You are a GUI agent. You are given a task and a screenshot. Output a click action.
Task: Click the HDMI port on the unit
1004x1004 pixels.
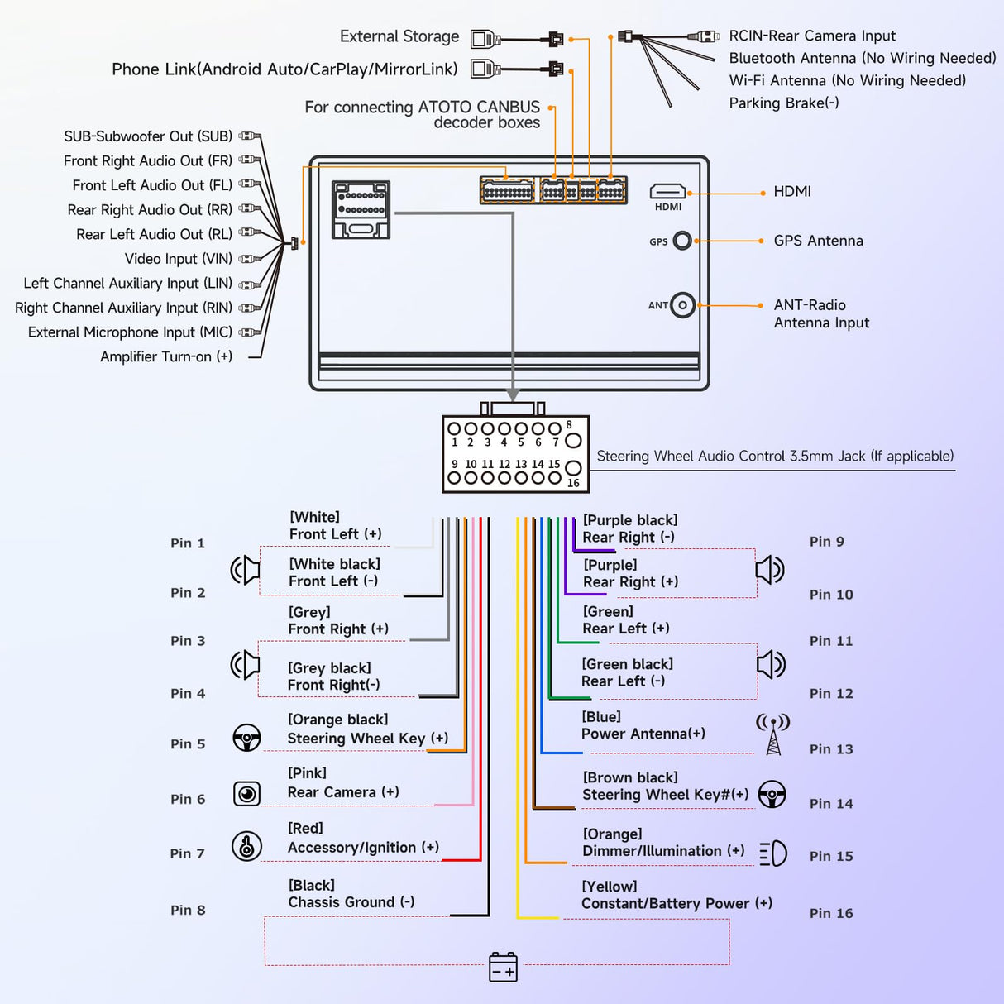(x=667, y=193)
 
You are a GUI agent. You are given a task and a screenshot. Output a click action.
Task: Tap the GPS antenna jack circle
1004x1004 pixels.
(x=682, y=241)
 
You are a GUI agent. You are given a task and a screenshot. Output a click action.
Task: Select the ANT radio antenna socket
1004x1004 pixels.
(x=682, y=305)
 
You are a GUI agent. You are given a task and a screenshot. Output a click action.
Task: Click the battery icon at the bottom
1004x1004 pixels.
(x=503, y=967)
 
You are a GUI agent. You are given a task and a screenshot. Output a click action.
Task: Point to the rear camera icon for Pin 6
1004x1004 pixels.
(x=246, y=794)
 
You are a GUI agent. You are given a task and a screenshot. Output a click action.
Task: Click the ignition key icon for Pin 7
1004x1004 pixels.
(x=246, y=846)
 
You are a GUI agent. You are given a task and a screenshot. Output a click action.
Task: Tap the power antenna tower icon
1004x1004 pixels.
(x=773, y=734)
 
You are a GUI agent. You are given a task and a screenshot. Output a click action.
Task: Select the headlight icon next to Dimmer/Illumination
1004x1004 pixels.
(x=773, y=853)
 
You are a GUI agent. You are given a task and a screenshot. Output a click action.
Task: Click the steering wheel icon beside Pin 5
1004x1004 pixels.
(x=246, y=738)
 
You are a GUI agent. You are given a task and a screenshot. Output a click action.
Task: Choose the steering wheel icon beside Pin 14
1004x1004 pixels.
(x=772, y=794)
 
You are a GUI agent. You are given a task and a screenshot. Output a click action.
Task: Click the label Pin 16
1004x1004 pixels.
(x=831, y=913)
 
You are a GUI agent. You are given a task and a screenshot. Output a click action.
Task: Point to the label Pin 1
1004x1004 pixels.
(x=188, y=543)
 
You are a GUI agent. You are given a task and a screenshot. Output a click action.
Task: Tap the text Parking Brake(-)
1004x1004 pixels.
(x=783, y=103)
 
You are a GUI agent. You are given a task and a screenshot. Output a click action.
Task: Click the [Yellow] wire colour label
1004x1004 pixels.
(x=610, y=887)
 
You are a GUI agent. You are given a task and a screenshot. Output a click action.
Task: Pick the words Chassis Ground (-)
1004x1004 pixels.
(x=351, y=902)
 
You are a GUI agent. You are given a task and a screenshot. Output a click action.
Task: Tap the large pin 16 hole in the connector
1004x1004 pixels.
(x=573, y=469)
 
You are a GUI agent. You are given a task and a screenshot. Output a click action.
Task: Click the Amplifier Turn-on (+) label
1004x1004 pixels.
(x=166, y=356)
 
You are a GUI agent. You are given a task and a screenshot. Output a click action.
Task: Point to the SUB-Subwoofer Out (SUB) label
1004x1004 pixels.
(x=148, y=136)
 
